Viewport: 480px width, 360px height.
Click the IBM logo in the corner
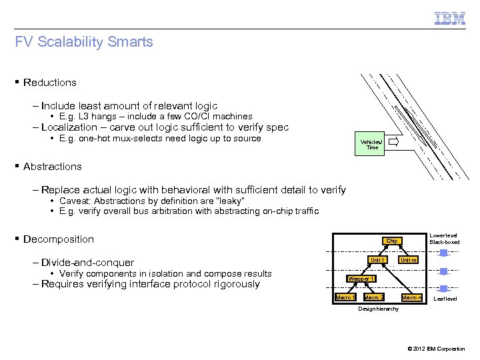450,18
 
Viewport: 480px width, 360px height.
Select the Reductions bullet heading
49,83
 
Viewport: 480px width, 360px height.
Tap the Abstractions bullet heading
52,167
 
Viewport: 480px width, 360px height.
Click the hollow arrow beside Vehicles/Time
393,142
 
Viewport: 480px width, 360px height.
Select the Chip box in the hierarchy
391,241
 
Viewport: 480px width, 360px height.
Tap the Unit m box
408,259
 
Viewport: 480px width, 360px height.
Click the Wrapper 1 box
361,278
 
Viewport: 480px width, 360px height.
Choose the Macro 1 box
345,297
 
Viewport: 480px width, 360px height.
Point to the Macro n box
411,297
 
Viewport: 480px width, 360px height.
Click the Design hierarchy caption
378,309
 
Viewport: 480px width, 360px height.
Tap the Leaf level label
445,299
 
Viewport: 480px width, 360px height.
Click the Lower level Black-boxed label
444,239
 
